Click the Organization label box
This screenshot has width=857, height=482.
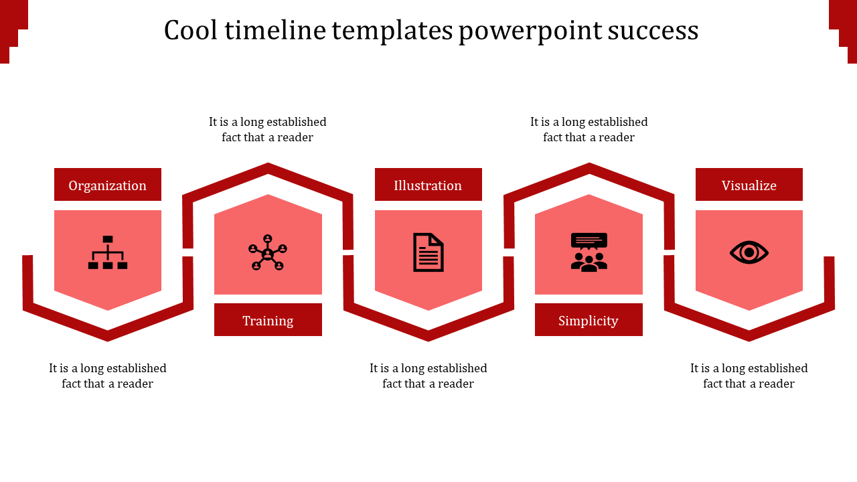108,184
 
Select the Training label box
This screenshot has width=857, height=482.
268,320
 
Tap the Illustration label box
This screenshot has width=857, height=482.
428,184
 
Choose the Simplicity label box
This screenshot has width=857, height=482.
589,320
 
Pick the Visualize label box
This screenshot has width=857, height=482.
749,184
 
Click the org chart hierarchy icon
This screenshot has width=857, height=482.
108,252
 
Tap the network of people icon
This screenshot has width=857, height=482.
268,252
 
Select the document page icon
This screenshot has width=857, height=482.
428,252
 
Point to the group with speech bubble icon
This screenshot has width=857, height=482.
589,252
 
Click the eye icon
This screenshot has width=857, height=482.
749,252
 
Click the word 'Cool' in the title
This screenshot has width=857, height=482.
191,30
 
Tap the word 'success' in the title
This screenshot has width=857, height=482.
653,31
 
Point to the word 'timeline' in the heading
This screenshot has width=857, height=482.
275,30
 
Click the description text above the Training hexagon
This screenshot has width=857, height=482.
267,129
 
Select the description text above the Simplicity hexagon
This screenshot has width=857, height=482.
589,129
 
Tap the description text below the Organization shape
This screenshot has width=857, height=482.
108,376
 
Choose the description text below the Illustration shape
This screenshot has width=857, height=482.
428,376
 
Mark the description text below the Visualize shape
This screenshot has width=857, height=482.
749,376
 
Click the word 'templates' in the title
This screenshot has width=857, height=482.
392,31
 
